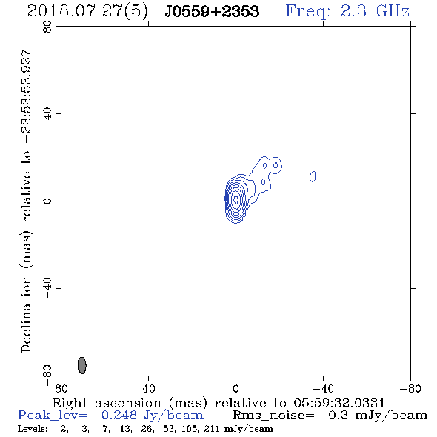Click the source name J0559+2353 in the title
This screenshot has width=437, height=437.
tap(212, 11)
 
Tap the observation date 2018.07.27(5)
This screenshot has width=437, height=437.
tap(87, 12)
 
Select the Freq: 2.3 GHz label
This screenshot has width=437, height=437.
tap(347, 11)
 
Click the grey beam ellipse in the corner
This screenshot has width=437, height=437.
tap(82, 365)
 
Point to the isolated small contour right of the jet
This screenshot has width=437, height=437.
tap(313, 176)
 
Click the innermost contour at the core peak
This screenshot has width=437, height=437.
tap(236, 199)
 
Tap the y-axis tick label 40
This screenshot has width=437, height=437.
tap(47, 114)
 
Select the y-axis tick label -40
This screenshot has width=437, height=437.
tap(47, 288)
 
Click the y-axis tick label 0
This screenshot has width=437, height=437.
tap(47, 201)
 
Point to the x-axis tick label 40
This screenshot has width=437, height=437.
tap(149, 389)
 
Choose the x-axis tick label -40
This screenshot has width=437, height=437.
tap(323, 389)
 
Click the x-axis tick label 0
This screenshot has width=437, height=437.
tap(236, 389)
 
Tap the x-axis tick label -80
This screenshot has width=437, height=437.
tap(410, 389)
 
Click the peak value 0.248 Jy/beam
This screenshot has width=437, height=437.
tap(153, 416)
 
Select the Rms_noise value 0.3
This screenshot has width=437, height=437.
tap(338, 416)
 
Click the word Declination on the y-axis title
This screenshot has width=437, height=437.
tap(26, 315)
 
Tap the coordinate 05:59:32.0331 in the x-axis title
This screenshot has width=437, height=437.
tap(339, 403)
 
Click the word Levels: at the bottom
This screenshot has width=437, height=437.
tap(33, 429)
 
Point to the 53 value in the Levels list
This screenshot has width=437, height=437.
tap(169, 429)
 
